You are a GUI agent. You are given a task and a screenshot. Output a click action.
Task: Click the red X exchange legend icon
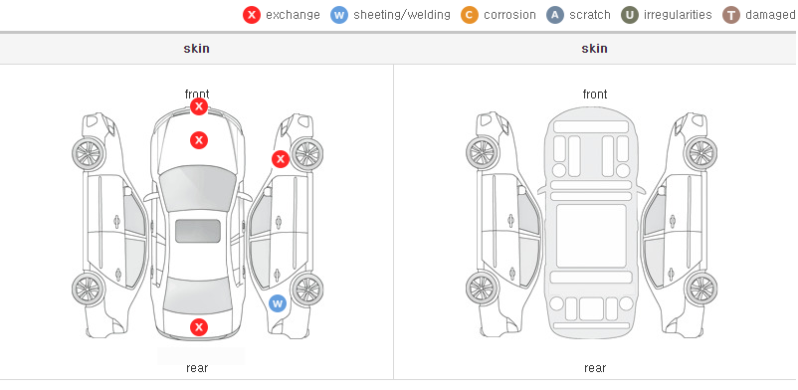click(x=252, y=15)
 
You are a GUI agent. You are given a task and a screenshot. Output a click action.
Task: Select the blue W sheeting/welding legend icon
click(x=339, y=15)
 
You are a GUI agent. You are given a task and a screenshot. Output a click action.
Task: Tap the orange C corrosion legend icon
click(x=470, y=15)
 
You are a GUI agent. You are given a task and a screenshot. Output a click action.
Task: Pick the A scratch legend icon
click(x=555, y=15)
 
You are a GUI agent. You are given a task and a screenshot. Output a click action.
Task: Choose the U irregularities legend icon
click(x=630, y=15)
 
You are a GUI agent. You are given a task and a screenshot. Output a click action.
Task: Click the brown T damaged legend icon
click(x=730, y=15)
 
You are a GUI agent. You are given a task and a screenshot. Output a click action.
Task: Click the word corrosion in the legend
click(x=509, y=15)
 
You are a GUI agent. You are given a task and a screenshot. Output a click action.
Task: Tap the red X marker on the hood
click(x=199, y=140)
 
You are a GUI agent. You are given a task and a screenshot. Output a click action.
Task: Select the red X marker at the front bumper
click(x=199, y=106)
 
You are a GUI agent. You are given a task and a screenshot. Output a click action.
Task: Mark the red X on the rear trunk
click(x=199, y=327)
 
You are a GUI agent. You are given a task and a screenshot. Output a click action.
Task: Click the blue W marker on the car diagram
click(x=278, y=304)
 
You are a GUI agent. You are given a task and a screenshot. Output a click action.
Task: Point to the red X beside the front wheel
click(x=280, y=159)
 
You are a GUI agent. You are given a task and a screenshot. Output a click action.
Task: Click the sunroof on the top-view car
click(x=198, y=231)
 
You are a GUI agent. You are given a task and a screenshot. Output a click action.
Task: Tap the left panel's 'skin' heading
click(x=196, y=49)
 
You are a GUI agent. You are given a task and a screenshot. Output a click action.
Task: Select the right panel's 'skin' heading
click(x=594, y=49)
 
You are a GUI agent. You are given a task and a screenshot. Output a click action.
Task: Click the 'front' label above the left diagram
click(x=197, y=95)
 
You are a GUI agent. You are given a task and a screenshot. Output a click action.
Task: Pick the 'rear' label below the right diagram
click(x=595, y=368)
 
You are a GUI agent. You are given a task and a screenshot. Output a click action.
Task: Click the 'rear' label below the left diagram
click(x=197, y=368)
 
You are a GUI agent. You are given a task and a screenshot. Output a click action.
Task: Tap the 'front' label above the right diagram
click(x=595, y=95)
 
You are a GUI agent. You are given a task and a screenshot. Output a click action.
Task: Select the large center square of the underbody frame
click(x=591, y=236)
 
